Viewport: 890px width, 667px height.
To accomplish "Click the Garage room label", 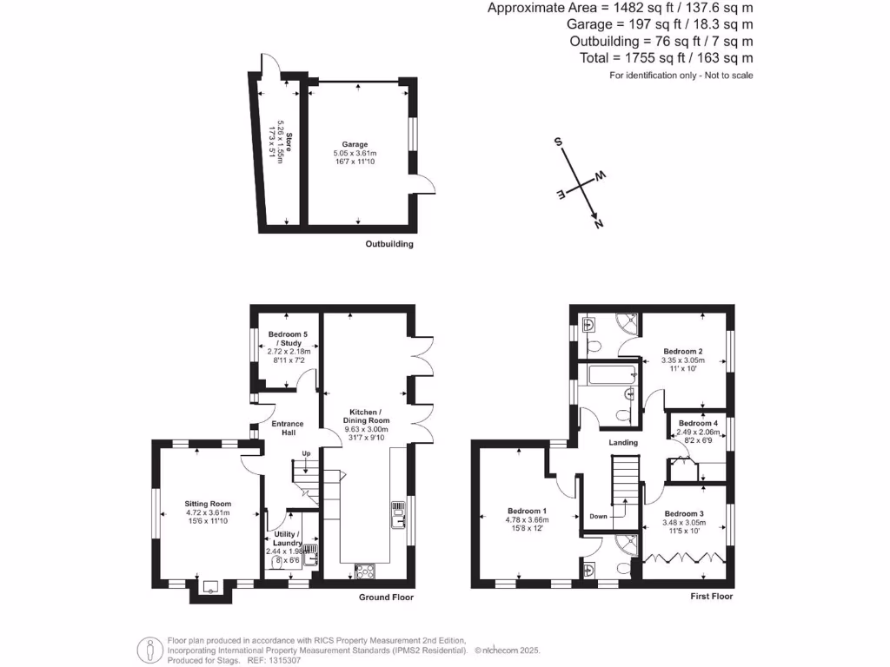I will click(x=355, y=145).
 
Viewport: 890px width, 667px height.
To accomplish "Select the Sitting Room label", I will click(x=208, y=503).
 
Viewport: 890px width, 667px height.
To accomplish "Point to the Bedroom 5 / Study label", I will click(x=287, y=339).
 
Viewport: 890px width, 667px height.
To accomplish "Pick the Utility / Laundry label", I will click(x=287, y=538).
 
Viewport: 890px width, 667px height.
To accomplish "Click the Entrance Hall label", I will click(x=288, y=428).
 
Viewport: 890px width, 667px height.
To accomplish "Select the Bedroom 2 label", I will click(x=681, y=351).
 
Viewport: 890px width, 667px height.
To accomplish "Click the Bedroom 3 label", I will click(x=682, y=513).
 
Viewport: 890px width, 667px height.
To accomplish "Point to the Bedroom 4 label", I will click(x=697, y=423).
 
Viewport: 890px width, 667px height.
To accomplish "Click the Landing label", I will click(x=623, y=443).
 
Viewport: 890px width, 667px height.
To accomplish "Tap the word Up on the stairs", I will click(x=305, y=453).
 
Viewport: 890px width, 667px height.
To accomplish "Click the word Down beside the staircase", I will click(x=598, y=515).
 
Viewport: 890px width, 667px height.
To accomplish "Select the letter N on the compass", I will click(x=598, y=224).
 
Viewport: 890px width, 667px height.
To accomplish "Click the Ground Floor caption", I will click(x=386, y=598).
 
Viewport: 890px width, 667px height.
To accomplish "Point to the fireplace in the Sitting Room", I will click(x=209, y=586).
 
